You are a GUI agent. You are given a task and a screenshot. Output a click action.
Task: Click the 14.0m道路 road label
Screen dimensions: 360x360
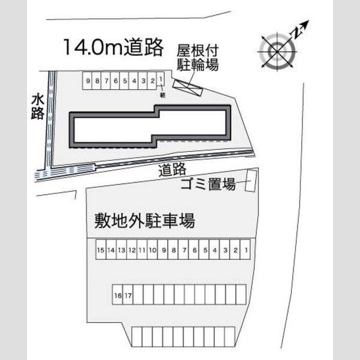113,47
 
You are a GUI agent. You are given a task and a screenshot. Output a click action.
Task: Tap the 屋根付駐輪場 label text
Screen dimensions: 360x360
197,58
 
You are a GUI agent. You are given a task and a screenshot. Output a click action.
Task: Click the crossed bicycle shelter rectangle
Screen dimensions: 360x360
188,88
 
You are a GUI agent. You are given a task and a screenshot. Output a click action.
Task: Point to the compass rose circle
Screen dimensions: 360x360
277,52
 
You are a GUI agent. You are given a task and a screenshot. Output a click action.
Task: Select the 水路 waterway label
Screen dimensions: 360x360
38,107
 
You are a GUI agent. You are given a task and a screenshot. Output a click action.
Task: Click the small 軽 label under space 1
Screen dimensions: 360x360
163,95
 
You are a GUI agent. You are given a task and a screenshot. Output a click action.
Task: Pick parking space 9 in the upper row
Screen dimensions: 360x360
87,80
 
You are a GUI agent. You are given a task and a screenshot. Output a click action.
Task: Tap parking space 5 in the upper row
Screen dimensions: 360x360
124,80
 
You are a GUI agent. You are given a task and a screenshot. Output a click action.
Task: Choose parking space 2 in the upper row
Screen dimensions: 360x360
152,80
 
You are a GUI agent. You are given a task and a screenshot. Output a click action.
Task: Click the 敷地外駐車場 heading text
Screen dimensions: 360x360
145,221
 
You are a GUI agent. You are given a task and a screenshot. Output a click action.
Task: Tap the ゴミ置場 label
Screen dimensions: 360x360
208,184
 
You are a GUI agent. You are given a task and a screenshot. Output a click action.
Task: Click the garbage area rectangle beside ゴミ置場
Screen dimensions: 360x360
251,181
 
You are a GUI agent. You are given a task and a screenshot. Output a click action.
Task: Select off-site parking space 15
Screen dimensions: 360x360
101,250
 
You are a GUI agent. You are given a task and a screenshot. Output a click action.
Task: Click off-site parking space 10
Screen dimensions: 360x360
152,250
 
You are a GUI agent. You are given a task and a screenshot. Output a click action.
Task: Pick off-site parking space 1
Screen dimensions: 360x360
245,250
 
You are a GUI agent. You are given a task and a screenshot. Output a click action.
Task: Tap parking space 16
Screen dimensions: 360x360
118,295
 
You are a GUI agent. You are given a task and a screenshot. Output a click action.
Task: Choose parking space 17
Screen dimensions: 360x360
128,295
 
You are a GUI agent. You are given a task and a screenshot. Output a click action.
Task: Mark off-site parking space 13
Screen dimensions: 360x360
121,250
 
